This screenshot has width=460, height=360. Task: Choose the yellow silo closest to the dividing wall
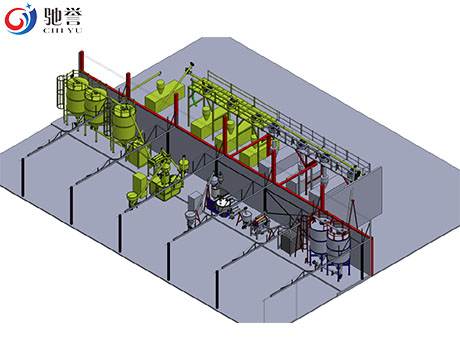(124, 122)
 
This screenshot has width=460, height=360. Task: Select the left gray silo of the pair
(319, 235)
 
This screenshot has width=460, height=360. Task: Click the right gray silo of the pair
(338, 241)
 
